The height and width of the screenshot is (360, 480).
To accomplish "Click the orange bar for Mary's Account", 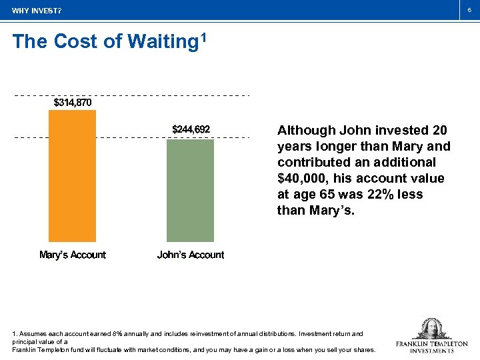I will (x=72, y=175).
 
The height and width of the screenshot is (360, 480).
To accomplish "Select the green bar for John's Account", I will (x=190, y=190).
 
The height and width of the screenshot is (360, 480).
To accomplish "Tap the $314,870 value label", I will (x=72, y=103).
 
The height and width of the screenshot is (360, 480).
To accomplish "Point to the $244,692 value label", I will (x=191, y=129).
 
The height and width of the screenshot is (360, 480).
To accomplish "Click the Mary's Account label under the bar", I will (x=72, y=255).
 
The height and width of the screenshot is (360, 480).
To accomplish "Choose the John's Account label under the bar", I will (x=190, y=255).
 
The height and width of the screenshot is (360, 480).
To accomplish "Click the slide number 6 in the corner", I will (x=469, y=10).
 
